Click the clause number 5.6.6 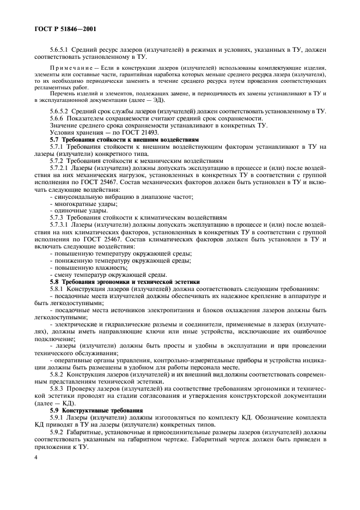(x=58, y=118)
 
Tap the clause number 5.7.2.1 (x=61, y=168)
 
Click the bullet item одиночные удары (x=76, y=210)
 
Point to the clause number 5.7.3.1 (x=61, y=224)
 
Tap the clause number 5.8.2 (x=58, y=374)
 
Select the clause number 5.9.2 (x=58, y=430)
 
